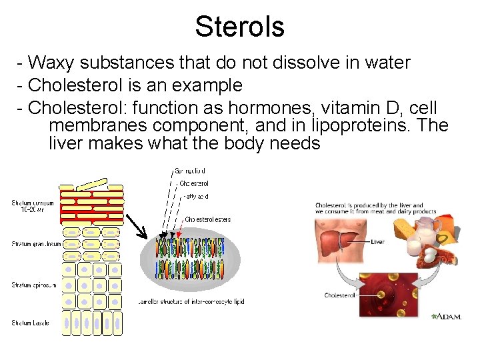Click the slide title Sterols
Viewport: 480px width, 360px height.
239,27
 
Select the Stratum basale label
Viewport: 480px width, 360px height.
31,323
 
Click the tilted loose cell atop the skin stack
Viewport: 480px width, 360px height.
91,183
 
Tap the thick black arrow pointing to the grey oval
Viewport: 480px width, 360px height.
137,226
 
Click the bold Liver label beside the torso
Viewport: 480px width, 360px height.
377,242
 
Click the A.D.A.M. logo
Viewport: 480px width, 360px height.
446,317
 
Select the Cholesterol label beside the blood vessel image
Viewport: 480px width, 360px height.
339,295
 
